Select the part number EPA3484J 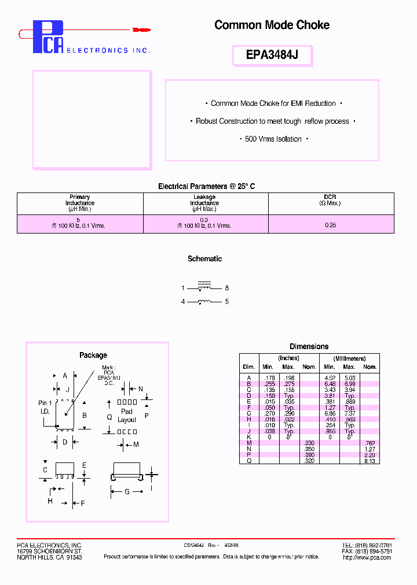click(x=272, y=56)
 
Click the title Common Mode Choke click(x=272, y=25)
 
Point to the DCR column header click(x=330, y=200)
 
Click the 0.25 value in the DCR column click(x=331, y=225)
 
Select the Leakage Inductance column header click(x=204, y=203)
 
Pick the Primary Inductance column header click(x=80, y=203)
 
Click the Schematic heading click(x=204, y=259)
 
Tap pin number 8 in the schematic click(x=227, y=288)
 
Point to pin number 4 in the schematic click(x=182, y=302)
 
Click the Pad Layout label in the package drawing click(x=126, y=416)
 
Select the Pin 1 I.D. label click(x=45, y=407)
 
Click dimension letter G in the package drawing click(x=127, y=492)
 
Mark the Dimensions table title click(x=309, y=346)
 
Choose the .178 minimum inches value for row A click(x=268, y=378)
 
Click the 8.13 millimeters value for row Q click(x=369, y=461)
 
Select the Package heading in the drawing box click(x=93, y=355)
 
